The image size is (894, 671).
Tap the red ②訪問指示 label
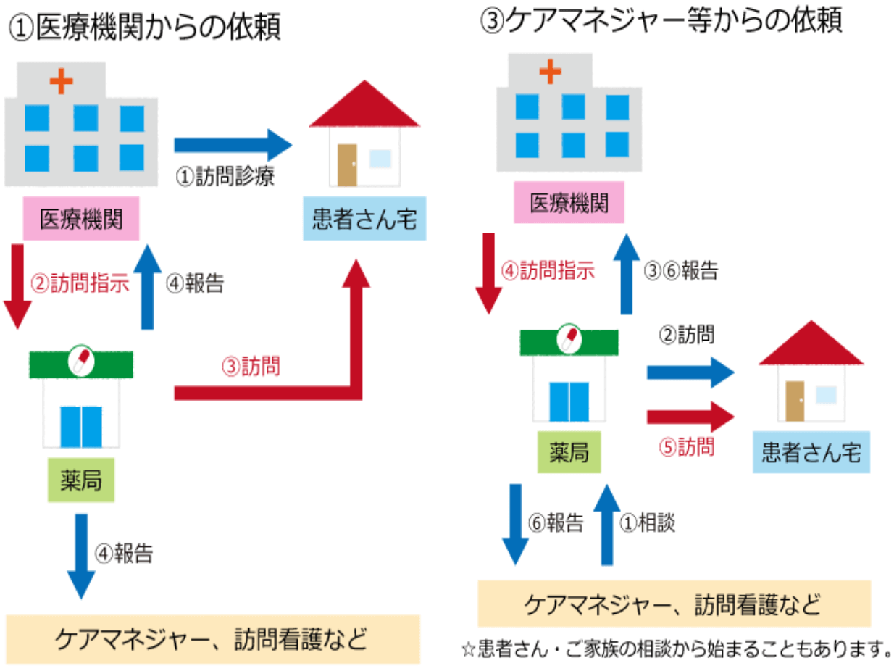tap(80, 283)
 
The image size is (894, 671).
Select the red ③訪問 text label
tap(251, 367)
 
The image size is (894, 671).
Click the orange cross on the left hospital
tap(62, 80)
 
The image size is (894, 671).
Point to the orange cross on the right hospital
tap(551, 70)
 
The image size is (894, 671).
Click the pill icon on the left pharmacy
tap(80, 360)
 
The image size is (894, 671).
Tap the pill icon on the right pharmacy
tap(569, 338)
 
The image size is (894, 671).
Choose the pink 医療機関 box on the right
tap(569, 204)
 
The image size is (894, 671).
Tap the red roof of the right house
tap(811, 343)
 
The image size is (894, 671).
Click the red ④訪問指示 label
tap(548, 272)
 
